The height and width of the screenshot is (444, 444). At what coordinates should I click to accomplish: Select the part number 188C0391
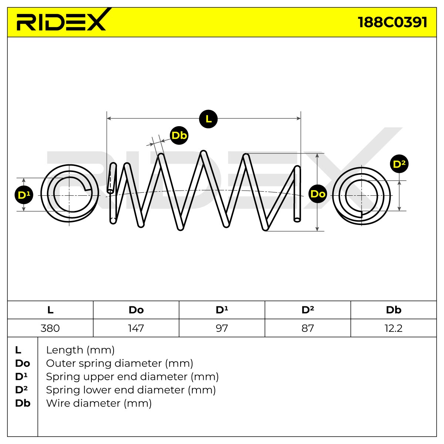[x=393, y=22]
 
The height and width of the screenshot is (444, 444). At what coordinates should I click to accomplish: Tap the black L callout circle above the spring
[x=208, y=119]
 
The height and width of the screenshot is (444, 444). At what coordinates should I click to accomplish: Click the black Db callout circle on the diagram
[x=179, y=135]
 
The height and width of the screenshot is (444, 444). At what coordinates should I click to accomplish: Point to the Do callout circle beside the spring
[x=318, y=194]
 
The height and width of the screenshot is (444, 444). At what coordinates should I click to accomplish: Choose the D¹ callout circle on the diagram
[x=24, y=195]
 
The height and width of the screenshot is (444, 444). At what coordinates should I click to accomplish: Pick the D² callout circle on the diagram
[x=399, y=164]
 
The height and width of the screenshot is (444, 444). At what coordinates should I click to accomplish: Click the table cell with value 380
[x=50, y=328]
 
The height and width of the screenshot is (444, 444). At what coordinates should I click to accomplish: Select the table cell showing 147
[x=136, y=328]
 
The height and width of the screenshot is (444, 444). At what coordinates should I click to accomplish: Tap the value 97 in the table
[x=222, y=328]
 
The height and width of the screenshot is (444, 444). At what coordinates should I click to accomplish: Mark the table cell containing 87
[x=308, y=328]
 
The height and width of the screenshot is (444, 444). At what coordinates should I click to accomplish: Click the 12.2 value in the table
[x=394, y=328]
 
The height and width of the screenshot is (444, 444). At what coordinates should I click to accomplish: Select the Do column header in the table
[x=136, y=310]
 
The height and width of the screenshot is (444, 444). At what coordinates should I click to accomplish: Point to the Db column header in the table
[x=394, y=310]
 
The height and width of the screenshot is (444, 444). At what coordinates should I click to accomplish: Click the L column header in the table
[x=50, y=310]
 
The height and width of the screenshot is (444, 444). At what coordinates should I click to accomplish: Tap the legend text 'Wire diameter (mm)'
[x=99, y=403]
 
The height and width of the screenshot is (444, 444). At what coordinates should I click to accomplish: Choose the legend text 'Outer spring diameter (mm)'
[x=120, y=363]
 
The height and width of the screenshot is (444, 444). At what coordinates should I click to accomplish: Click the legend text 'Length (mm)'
[x=80, y=350]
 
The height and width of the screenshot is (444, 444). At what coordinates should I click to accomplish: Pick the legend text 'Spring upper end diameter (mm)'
[x=132, y=377]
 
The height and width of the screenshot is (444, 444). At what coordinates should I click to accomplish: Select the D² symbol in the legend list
[x=21, y=390]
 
